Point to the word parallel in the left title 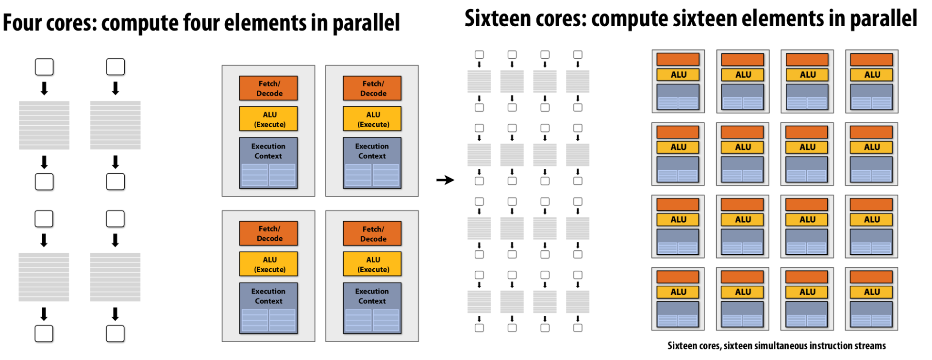(x=366, y=23)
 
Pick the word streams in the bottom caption (x=871, y=345)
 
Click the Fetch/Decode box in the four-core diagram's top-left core (x=268, y=88)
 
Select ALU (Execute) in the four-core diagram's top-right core (x=372, y=119)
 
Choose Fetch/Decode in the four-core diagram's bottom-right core (x=372, y=233)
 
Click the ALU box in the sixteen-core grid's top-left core (x=678, y=75)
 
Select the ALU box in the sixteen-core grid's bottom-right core (x=871, y=292)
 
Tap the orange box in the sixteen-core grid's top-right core (x=871, y=60)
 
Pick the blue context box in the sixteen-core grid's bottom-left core (x=678, y=314)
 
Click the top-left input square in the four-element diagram (x=44, y=67)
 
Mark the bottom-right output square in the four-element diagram (x=115, y=334)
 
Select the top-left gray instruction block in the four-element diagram (x=44, y=125)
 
